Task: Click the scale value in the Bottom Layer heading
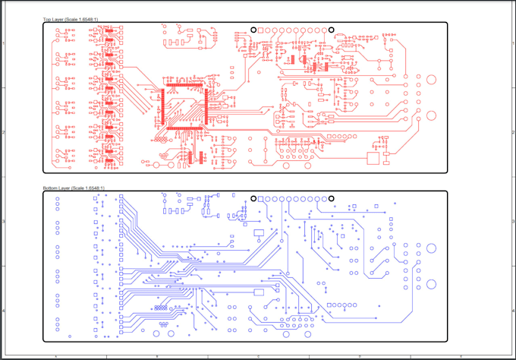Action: [90, 187]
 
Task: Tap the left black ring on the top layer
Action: [253, 30]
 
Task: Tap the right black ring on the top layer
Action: [332, 30]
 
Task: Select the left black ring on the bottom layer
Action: [253, 199]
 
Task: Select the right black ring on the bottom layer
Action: [332, 199]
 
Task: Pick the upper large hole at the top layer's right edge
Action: [431, 79]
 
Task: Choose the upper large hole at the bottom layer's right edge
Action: [431, 248]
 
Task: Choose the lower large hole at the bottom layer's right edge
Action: [431, 285]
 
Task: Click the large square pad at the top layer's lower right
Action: [373, 158]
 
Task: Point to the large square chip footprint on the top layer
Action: [184, 106]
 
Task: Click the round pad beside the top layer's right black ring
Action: [322, 30]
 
